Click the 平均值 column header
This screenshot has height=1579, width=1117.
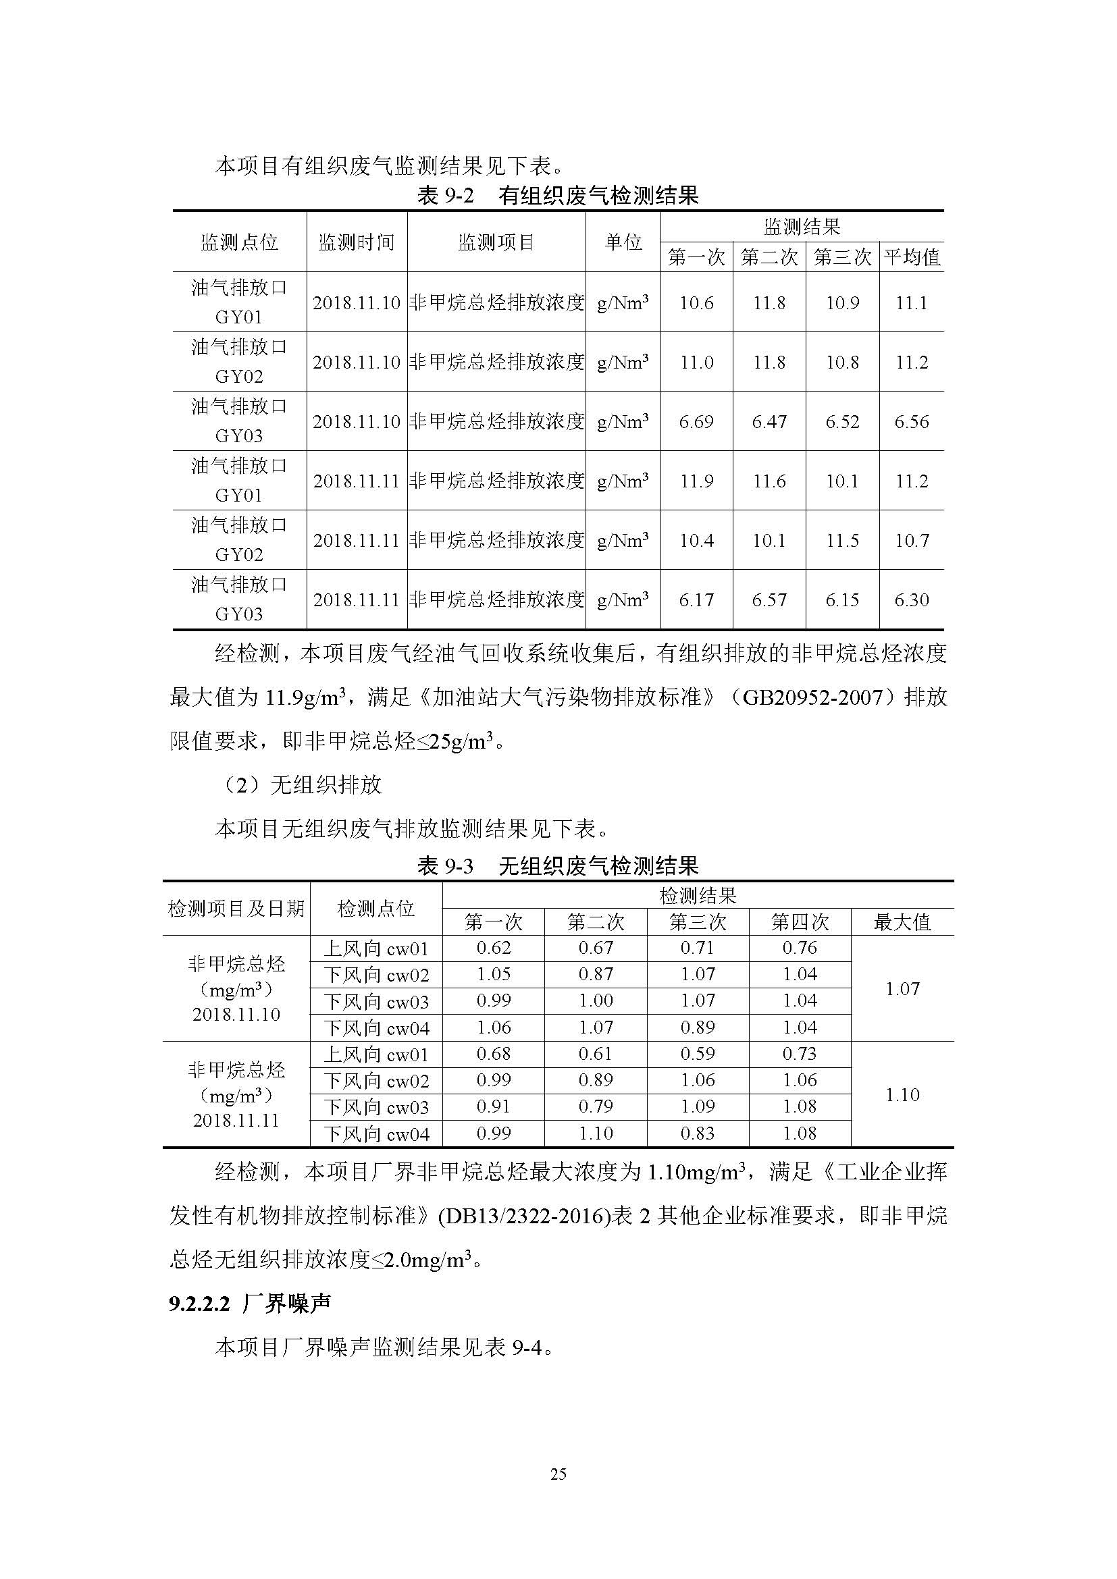tap(911, 257)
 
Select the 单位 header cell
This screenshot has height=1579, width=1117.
tap(623, 242)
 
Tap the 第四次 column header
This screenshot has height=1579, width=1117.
tap(800, 921)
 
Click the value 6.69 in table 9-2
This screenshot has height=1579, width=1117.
tap(696, 421)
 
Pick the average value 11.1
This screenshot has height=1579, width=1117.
tap(911, 302)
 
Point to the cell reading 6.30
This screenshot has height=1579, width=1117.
tap(911, 599)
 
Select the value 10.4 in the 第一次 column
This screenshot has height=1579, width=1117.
tap(696, 541)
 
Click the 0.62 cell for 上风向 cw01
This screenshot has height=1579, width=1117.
tap(493, 948)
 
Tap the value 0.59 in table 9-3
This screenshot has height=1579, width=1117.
tap(698, 1054)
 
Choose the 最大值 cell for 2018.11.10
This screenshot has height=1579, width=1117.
tap(902, 989)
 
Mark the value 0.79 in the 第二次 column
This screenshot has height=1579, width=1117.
tap(596, 1107)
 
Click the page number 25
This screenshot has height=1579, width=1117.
tap(558, 1474)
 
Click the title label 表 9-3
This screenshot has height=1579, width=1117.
tap(445, 866)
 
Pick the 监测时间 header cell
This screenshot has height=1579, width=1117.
tap(357, 242)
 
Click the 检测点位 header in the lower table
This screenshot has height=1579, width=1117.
tap(375, 909)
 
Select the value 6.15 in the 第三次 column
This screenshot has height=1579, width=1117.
tap(842, 599)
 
